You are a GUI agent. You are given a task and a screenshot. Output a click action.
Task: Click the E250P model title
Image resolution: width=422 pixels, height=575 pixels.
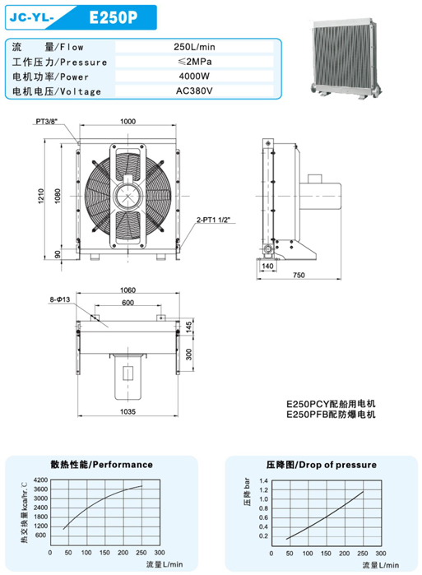(114, 17)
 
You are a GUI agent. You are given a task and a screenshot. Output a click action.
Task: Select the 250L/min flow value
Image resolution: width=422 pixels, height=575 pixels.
(194, 47)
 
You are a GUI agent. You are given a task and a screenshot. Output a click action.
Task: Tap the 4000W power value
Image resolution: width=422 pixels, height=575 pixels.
(194, 77)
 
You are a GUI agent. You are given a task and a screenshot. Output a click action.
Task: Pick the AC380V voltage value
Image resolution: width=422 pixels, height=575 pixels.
(194, 91)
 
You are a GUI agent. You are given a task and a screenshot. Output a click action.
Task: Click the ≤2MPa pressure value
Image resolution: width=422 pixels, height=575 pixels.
(194, 62)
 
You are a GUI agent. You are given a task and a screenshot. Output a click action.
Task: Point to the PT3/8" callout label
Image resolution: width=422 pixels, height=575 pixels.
(47, 122)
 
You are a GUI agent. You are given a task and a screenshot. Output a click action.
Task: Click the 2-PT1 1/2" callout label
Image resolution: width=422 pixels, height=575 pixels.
(213, 220)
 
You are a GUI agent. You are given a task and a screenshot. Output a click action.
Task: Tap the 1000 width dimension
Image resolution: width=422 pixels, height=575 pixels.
(128, 122)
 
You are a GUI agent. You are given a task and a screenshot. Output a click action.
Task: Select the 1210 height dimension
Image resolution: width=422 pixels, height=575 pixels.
(40, 196)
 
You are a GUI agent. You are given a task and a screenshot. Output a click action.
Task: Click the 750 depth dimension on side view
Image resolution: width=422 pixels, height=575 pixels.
(299, 275)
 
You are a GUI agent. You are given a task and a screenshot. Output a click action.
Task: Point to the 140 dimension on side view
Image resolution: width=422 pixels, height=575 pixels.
(267, 266)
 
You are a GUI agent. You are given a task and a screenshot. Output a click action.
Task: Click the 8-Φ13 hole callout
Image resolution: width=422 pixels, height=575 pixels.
(60, 299)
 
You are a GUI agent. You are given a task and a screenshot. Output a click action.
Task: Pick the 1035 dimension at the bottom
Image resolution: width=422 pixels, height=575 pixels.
(128, 412)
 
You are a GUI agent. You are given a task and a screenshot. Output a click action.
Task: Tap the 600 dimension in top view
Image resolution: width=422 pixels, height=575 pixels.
(128, 303)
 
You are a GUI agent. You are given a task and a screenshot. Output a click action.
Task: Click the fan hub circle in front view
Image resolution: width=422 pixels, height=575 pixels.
(128, 196)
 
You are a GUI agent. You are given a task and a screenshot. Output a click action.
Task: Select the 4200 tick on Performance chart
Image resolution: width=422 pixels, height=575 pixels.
(40, 480)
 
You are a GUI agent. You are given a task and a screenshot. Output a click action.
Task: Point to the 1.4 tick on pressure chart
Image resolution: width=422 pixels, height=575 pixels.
(263, 480)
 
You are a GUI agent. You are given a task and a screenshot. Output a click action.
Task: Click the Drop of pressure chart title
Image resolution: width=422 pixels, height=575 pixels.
(322, 465)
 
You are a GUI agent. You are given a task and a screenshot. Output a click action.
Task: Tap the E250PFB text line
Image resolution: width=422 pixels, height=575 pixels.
(331, 415)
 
